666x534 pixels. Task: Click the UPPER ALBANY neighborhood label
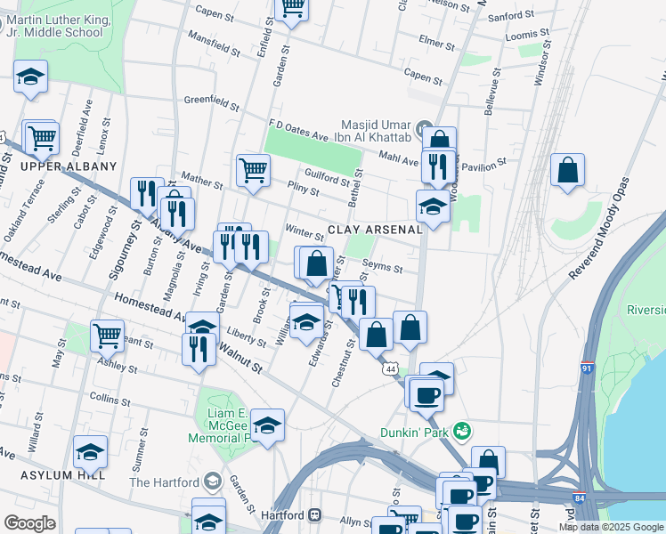coord(69,166)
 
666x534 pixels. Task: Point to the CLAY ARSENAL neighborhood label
coord(374,230)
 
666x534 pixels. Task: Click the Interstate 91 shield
coord(588,366)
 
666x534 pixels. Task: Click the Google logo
coord(29,523)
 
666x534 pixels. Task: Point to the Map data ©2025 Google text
coord(611,527)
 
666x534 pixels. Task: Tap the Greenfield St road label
coord(213,100)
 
